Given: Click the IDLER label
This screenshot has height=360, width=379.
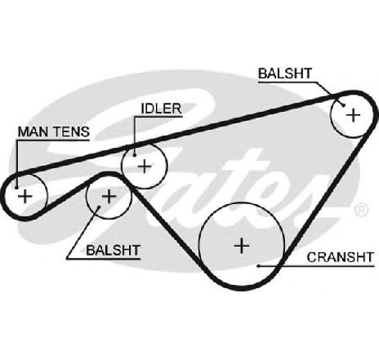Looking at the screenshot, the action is [161, 109].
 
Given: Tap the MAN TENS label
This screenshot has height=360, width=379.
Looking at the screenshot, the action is [54, 131].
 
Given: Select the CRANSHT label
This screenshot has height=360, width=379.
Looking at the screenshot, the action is [341, 257].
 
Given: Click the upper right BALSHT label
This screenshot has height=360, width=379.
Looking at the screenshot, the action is [285, 73].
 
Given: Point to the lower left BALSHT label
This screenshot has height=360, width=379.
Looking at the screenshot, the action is [113, 250].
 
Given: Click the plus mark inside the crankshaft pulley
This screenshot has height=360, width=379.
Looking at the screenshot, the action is [242, 246].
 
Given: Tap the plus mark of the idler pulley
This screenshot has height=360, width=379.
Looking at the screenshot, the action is [145, 166].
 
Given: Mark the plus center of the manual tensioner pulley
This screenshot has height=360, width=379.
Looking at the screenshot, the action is [25, 196].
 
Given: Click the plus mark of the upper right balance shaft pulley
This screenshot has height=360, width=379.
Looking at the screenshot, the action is [354, 115].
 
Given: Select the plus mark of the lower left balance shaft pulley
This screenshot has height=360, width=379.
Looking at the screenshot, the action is [109, 196].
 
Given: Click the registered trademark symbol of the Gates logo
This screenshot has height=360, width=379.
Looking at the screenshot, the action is [361, 210].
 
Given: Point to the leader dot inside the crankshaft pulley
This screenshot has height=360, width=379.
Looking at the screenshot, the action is [259, 265].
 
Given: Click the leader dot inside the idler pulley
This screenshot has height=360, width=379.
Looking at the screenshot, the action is [135, 155].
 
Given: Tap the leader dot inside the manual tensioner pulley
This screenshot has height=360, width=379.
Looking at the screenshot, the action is [17, 188].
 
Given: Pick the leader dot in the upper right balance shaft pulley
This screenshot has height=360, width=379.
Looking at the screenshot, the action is [344, 105].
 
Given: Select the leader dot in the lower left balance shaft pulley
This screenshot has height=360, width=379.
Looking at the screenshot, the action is [99, 207].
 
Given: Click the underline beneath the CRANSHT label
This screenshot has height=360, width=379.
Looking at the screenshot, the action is [318, 265].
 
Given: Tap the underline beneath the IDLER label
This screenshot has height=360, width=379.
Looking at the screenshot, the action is [158, 117].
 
